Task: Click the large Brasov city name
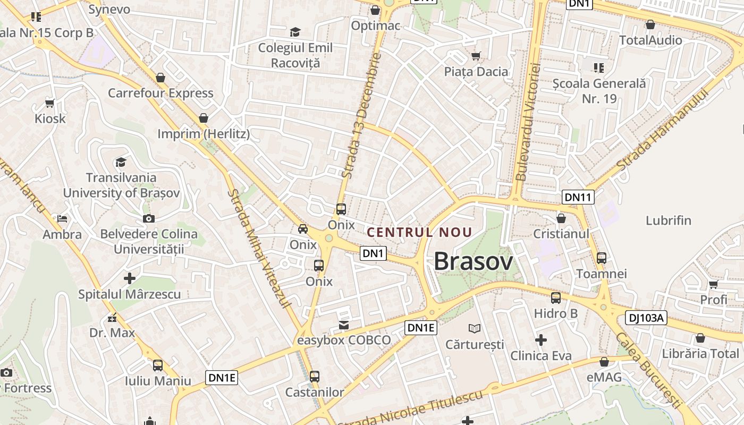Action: click(474, 261)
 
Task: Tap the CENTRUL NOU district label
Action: click(420, 232)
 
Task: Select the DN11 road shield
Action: click(578, 197)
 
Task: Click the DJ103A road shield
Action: click(646, 318)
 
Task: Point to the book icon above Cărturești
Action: click(475, 328)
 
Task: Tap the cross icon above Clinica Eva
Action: click(541, 339)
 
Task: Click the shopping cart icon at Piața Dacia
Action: click(476, 56)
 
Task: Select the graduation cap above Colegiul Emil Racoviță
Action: click(295, 32)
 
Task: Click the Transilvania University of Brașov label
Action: click(122, 185)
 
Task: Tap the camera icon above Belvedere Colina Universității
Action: click(149, 218)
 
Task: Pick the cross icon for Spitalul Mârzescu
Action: click(130, 278)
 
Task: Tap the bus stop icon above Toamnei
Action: click(602, 258)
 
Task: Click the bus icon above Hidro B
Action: click(556, 297)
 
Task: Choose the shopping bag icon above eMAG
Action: click(604, 362)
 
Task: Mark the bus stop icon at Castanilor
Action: click(315, 377)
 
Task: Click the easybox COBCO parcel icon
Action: click(344, 325)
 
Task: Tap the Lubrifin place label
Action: click(669, 220)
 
